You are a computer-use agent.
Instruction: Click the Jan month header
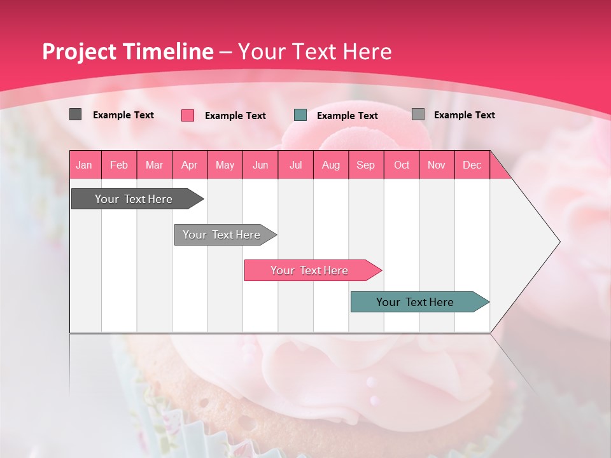click(84, 165)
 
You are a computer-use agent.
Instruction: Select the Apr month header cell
click(189, 165)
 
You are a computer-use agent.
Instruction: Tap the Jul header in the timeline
click(295, 165)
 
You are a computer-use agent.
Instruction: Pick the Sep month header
click(365, 165)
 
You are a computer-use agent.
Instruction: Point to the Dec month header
click(472, 165)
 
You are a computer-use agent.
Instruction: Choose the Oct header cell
click(402, 165)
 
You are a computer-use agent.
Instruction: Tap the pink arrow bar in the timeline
click(311, 270)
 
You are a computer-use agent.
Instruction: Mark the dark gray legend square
click(75, 114)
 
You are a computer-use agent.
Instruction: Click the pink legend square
click(188, 115)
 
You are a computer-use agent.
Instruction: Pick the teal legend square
click(300, 115)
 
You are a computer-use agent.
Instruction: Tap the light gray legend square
click(418, 114)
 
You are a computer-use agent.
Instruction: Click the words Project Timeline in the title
click(127, 52)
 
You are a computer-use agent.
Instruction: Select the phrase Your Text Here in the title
click(314, 52)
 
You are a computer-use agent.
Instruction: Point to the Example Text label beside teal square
click(347, 116)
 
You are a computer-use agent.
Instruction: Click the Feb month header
click(119, 165)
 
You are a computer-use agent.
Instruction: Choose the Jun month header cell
click(260, 165)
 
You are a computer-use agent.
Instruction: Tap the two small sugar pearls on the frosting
click(372, 390)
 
